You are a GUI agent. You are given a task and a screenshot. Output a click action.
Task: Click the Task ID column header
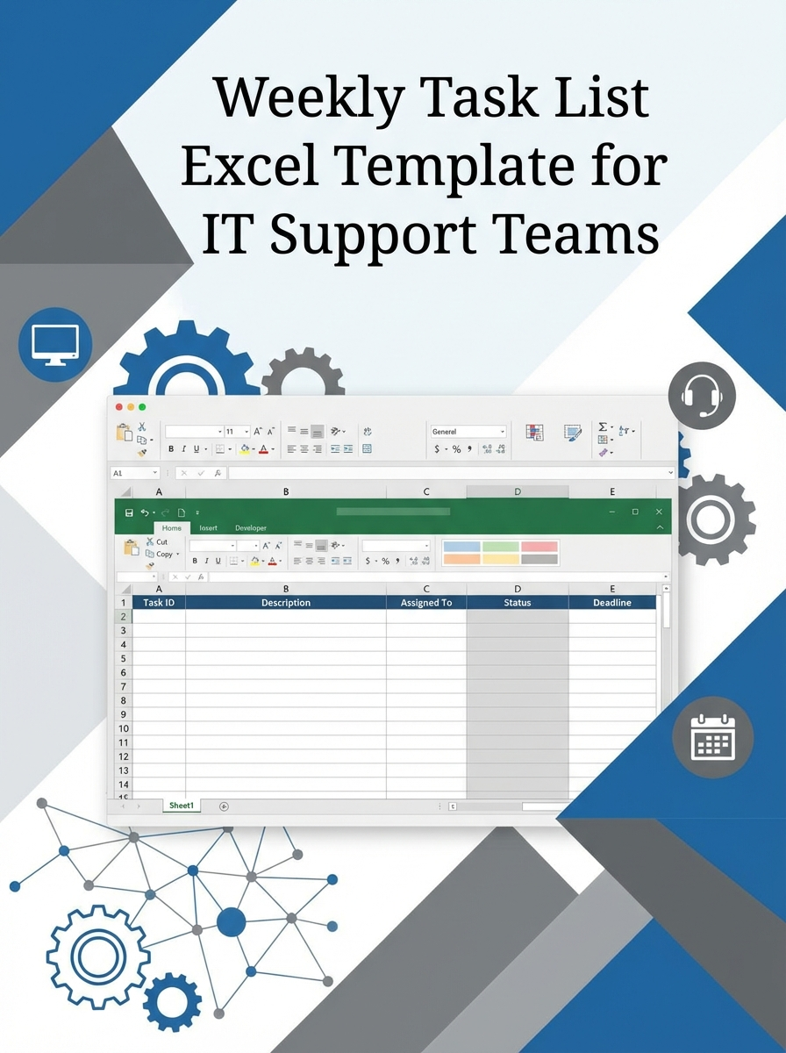[159, 603]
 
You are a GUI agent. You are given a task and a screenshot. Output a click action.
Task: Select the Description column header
[286, 603]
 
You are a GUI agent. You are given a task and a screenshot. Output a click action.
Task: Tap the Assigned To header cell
[426, 603]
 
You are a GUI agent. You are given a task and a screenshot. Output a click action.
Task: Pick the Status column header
[518, 603]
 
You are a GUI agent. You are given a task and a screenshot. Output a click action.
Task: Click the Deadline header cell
[612, 603]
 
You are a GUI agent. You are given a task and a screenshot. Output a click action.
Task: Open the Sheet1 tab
[182, 806]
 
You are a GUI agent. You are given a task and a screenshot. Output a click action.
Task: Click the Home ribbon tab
[172, 528]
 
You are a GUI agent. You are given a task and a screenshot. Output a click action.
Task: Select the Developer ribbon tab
[251, 528]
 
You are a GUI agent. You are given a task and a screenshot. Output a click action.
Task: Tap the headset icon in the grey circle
[701, 395]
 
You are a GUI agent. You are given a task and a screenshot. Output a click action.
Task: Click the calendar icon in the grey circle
[712, 738]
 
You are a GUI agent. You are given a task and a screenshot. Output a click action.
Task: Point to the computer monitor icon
[55, 344]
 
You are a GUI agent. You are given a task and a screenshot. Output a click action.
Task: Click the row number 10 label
[124, 728]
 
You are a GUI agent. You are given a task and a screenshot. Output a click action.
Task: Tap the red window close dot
[119, 407]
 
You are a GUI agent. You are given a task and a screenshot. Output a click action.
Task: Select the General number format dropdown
[468, 432]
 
